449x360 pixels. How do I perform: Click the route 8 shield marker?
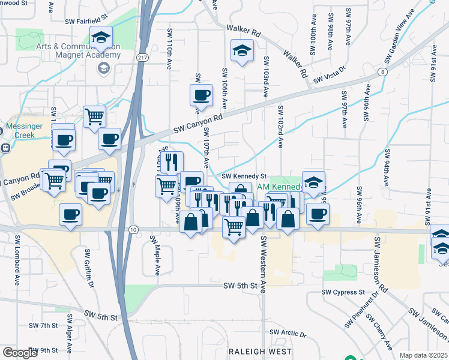tap(382, 72)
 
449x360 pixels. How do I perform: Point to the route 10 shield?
tap(133, 230)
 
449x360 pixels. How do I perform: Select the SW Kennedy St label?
tap(244, 176)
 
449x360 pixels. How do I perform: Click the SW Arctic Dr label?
tap(288, 332)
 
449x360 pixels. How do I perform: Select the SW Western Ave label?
tap(262, 264)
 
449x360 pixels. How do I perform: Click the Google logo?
tap(20, 352)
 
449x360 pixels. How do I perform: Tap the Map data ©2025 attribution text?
tap(423, 355)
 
